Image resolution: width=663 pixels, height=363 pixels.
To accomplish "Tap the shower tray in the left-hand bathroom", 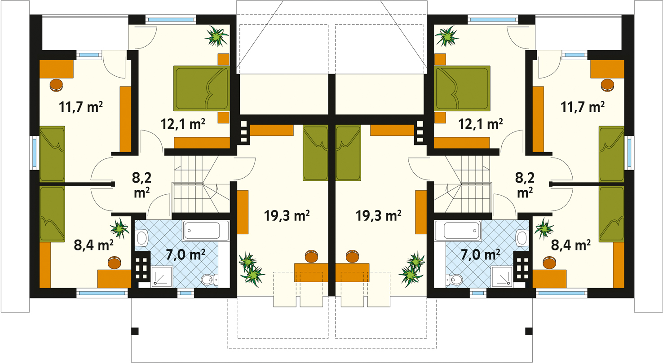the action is [162, 277].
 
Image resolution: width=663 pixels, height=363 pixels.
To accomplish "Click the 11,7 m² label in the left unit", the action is [81, 107].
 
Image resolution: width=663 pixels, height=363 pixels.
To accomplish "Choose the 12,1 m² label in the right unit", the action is [480, 124].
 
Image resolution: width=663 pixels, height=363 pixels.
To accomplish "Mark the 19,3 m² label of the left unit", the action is [287, 216].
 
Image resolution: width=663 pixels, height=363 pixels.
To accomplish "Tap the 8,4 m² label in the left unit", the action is [93, 245].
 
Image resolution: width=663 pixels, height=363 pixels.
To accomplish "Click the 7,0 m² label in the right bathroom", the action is [480, 254].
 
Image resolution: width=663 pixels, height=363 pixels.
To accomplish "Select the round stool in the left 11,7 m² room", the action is [56, 85].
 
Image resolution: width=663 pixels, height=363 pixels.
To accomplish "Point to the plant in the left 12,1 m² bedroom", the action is [217, 36].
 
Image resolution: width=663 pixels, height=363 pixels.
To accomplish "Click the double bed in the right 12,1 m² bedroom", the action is [462, 88].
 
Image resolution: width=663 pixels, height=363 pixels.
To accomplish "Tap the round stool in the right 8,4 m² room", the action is [549, 262].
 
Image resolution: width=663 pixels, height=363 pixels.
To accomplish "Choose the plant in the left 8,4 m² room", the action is [119, 228].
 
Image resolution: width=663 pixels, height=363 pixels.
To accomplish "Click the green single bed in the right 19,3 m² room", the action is [349, 153].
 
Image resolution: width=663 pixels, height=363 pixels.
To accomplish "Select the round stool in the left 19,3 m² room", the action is [311, 256].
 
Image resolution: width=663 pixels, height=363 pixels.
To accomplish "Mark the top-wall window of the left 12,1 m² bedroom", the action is [171, 20].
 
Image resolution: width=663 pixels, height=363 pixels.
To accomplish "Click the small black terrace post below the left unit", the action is [135, 331].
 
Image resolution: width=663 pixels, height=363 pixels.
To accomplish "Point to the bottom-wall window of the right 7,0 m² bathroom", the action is [478, 293].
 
